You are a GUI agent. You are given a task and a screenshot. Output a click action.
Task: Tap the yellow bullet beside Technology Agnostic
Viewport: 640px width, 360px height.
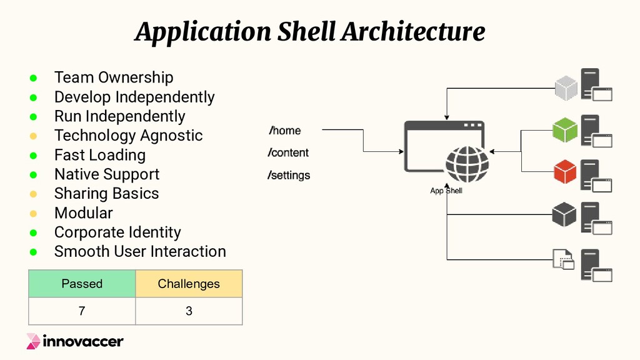(x=33, y=136)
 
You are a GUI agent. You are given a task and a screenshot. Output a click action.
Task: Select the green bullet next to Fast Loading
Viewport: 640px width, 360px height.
(x=33, y=155)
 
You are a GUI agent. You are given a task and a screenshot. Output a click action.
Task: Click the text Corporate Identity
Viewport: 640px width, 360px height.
(x=117, y=232)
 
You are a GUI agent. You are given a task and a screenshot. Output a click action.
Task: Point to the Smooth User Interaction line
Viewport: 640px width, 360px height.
(x=140, y=252)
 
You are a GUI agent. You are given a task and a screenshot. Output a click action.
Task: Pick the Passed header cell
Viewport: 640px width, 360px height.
(x=82, y=284)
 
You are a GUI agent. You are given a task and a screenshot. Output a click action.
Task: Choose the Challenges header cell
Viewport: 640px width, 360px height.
(x=189, y=284)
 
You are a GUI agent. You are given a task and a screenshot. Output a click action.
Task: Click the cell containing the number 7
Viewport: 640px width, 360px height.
(x=82, y=311)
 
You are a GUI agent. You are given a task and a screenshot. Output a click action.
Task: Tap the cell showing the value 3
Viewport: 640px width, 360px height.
(x=189, y=311)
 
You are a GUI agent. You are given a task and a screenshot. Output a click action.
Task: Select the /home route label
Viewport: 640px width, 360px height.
(x=285, y=131)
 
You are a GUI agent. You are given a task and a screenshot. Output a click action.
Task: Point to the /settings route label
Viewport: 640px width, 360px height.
(x=289, y=176)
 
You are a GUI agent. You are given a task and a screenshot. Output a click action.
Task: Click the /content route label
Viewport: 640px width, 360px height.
(x=289, y=153)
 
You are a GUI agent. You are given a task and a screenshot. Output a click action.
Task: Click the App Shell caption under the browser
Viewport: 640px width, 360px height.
(x=446, y=191)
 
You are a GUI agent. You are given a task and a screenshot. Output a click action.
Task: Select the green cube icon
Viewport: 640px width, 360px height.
(x=564, y=130)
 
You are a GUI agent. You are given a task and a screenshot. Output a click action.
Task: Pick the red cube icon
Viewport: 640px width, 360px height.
(x=564, y=173)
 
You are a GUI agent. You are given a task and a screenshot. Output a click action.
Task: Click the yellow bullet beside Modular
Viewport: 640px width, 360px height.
(x=33, y=213)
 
